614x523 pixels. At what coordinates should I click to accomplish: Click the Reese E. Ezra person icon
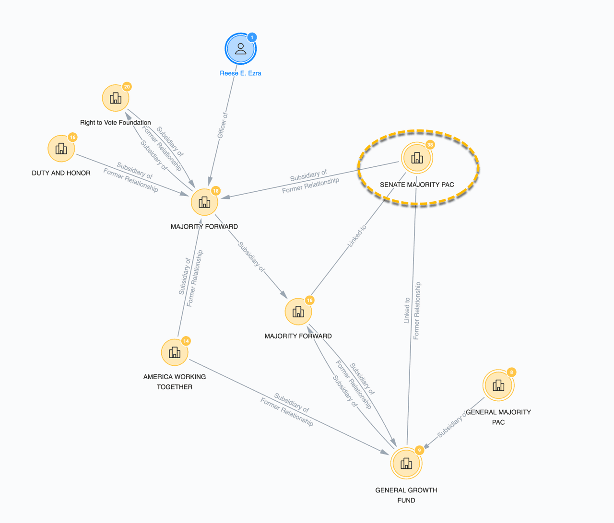[x=240, y=49]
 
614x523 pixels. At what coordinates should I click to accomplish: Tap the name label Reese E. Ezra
[x=240, y=73]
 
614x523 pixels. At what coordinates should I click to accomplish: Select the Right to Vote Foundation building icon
[x=116, y=98]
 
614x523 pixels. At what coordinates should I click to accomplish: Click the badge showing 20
[x=127, y=87]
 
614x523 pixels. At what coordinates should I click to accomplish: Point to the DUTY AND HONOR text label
[x=61, y=173]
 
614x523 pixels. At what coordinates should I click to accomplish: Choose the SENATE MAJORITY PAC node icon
[x=417, y=157]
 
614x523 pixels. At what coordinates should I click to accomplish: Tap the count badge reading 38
[x=430, y=145]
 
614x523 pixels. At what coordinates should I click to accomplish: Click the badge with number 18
[x=216, y=191]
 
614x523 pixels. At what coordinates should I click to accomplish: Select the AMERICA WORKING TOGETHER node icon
[x=175, y=352]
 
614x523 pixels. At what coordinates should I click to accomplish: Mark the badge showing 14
[x=186, y=341]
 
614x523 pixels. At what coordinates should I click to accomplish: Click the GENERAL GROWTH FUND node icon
[x=406, y=463]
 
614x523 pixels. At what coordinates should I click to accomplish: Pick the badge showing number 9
[x=419, y=450]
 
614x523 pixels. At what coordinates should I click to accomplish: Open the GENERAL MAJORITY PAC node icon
[x=498, y=385]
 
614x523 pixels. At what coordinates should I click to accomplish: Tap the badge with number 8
[x=511, y=372]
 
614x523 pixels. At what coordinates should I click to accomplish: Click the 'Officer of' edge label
[x=223, y=126]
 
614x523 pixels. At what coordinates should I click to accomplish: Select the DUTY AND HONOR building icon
[x=61, y=149]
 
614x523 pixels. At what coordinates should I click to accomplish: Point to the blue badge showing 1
[x=252, y=37]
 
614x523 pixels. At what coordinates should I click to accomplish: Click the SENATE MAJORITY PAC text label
[x=417, y=185]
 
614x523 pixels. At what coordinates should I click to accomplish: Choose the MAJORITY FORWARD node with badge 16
[x=298, y=312]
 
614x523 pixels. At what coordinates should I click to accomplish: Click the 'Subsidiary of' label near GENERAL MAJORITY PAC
[x=451, y=425]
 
